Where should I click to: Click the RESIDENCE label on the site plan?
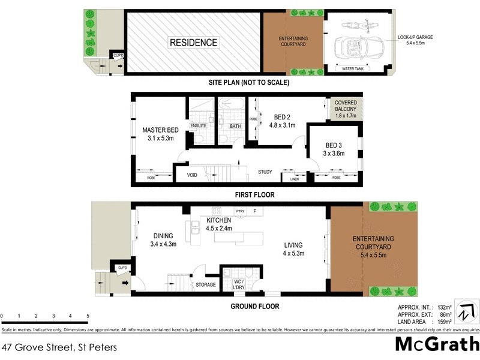click(193, 43)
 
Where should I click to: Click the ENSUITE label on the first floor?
click(199, 125)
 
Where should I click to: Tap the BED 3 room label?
click(334, 145)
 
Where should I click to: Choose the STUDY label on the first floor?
click(265, 172)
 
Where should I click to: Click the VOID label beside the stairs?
click(192, 175)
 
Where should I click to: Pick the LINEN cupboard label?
click(294, 179)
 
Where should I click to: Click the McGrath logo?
click(437, 344)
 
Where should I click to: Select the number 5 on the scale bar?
click(88, 316)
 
